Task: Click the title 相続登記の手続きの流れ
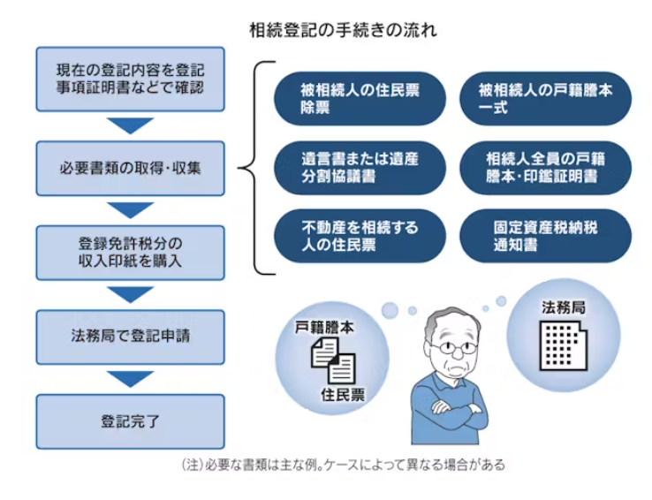point(343,30)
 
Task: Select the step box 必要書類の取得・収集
point(130,169)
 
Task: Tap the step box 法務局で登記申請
point(130,337)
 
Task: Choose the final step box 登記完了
point(130,421)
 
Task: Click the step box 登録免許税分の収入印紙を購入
point(130,253)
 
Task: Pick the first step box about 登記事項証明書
point(130,79)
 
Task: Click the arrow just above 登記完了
point(130,379)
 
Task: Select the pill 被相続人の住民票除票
point(360,99)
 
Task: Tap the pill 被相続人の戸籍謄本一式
point(545,99)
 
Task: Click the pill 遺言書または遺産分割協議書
point(360,168)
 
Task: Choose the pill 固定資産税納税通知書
point(545,236)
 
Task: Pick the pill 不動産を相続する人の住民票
point(360,236)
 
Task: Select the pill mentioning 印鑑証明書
point(545,168)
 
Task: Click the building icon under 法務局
point(564,345)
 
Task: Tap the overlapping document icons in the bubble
point(333,360)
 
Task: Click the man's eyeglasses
point(453,347)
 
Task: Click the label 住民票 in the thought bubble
point(343,394)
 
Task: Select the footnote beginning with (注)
point(343,465)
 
